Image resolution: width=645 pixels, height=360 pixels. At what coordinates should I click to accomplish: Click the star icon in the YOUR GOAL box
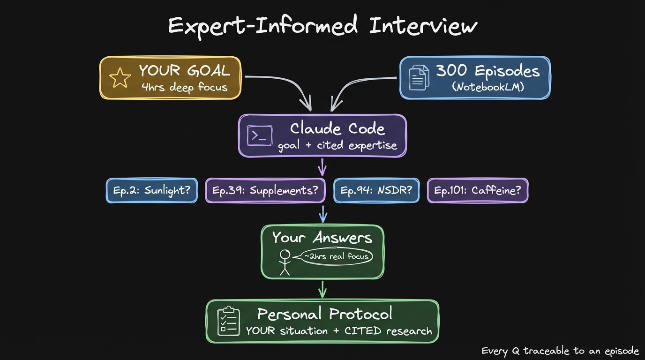point(120,78)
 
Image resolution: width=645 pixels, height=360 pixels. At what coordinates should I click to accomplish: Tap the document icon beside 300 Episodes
point(419,78)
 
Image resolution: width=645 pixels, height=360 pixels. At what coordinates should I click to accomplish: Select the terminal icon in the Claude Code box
point(259,135)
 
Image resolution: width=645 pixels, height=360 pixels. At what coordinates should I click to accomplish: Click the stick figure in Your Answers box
point(285,262)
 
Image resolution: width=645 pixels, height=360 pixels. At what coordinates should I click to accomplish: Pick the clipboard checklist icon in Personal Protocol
point(229,321)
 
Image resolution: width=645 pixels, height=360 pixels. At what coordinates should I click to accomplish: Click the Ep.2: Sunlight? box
point(151,190)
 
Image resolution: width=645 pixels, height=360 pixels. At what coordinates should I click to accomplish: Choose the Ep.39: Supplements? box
point(265,190)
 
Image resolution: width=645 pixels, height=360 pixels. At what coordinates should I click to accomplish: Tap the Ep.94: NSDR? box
point(376,190)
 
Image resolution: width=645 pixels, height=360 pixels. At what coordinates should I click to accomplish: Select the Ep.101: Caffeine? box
point(477,190)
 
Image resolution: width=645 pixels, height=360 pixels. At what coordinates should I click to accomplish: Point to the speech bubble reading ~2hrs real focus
point(336,256)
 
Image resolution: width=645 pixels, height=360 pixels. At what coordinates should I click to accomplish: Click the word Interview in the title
point(423,26)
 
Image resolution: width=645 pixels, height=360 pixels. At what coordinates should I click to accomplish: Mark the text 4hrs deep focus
point(184,87)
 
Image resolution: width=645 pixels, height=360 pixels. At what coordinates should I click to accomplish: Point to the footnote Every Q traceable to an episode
point(560,351)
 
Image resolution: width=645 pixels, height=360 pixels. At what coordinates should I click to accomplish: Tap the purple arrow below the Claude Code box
point(322,166)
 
